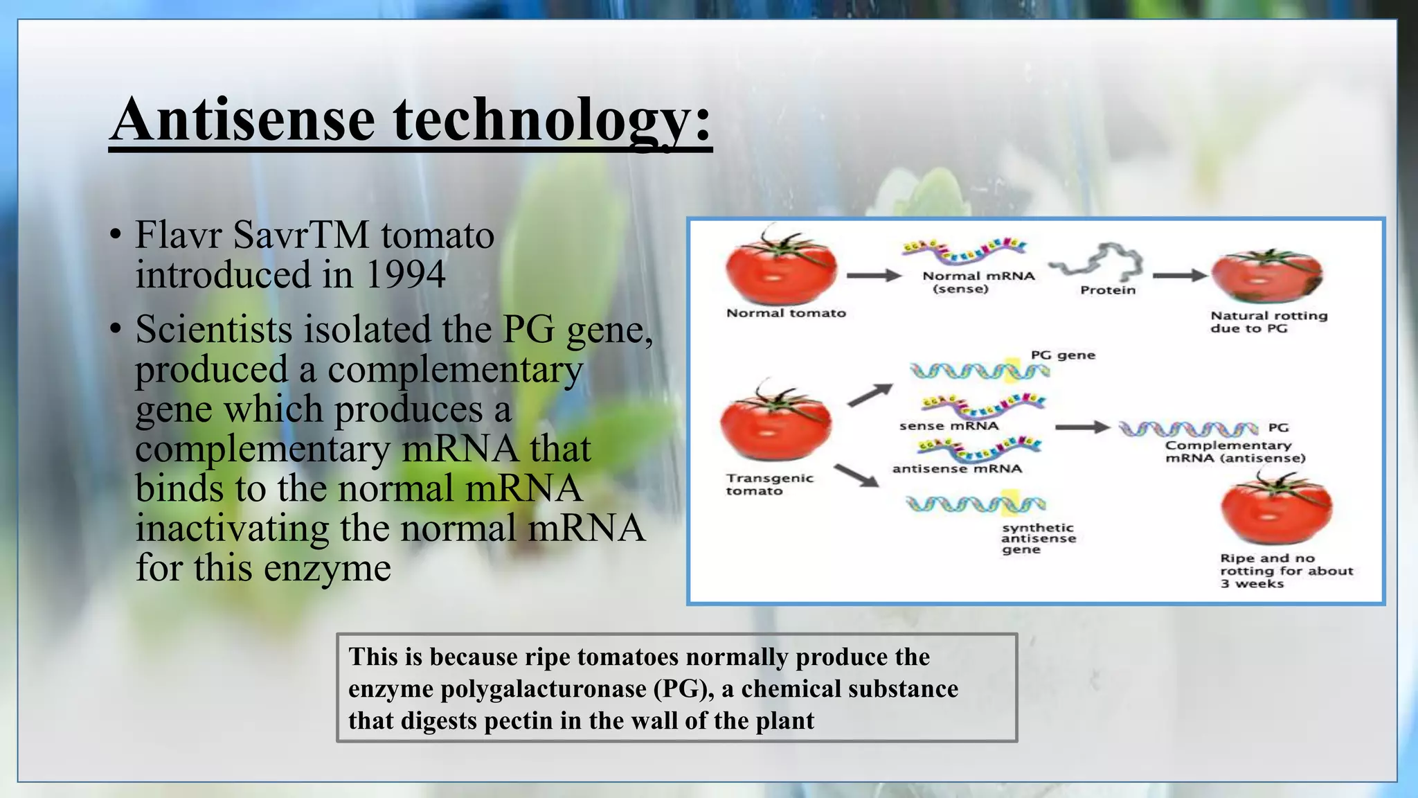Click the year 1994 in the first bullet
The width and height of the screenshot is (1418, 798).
coord(404,274)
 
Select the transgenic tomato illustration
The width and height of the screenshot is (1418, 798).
coord(775,423)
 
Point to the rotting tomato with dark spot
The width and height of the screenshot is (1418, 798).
coord(1266,277)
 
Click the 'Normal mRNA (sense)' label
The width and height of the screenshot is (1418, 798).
coord(978,282)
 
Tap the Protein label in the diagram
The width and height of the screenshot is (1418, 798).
coord(1107,290)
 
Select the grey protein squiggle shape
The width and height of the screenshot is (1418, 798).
coord(1097,262)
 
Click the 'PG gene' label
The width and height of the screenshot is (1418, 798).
coord(1063,355)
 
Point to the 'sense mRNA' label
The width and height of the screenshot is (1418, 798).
coord(949,426)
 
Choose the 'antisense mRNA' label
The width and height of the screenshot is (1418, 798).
coord(956,469)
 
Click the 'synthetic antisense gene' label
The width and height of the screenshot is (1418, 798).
coord(1037,538)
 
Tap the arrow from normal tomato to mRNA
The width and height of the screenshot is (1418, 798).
coord(873,276)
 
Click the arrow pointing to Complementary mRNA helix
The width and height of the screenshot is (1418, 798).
coord(1082,427)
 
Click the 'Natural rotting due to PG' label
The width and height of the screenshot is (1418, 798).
coord(1268,321)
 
